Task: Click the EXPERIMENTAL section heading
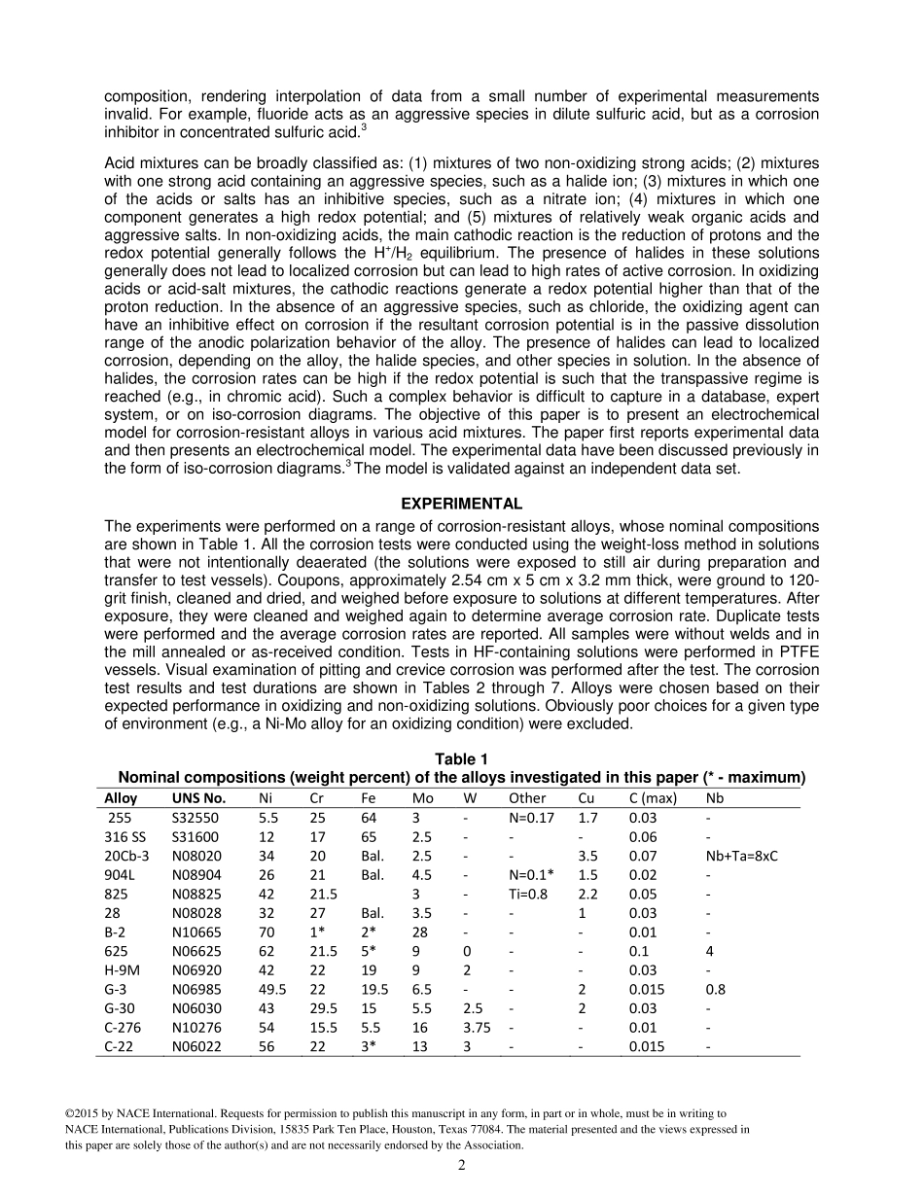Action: point(462,504)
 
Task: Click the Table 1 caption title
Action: point(461,759)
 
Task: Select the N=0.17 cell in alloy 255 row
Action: point(531,818)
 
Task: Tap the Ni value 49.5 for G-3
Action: point(271,989)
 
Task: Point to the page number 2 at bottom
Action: point(462,1165)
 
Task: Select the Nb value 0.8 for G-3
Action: point(716,989)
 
